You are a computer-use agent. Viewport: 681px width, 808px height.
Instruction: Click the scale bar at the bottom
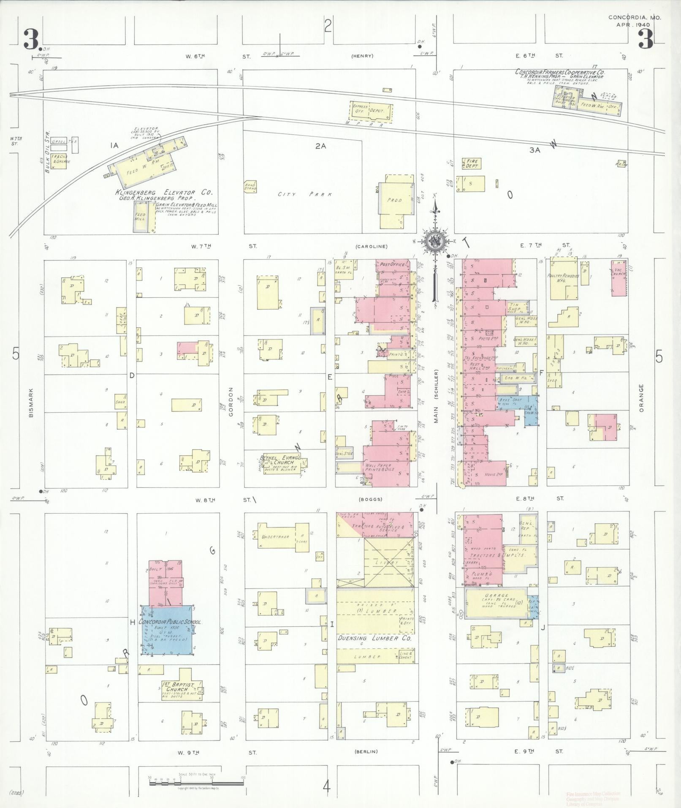196,783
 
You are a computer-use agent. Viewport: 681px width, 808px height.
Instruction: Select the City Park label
304,194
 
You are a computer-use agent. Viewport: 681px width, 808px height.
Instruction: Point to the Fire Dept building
472,163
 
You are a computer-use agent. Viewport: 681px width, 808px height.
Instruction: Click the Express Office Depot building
371,111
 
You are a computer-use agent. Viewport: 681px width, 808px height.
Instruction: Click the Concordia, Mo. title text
635,17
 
